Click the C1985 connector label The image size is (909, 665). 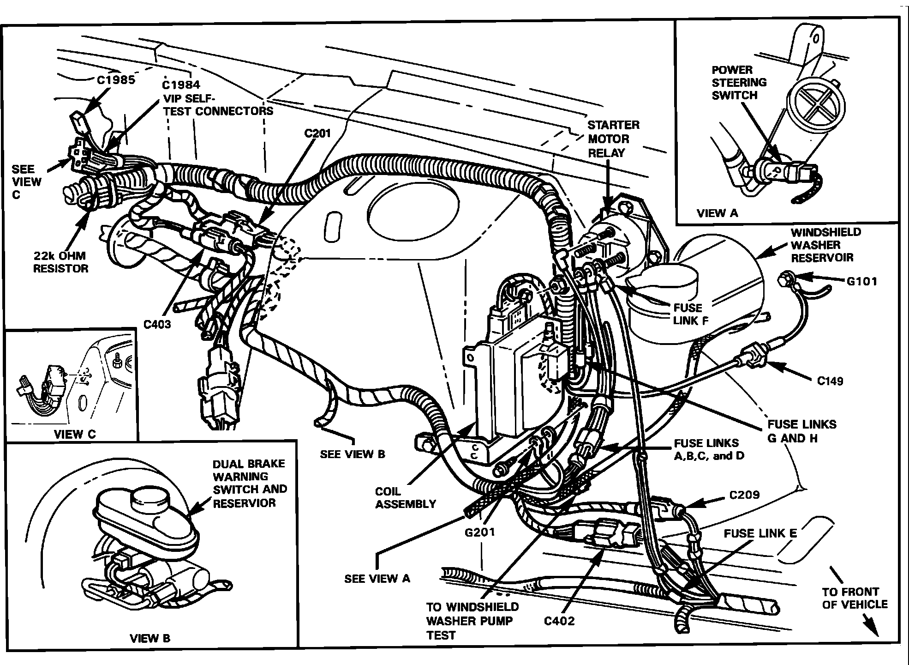[x=116, y=80]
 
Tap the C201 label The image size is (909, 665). [x=317, y=133]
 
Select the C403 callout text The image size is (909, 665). [x=157, y=324]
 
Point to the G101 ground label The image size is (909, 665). [x=862, y=281]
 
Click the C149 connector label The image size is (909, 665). [x=830, y=381]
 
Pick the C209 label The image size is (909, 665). [x=744, y=495]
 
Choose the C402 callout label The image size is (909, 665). [x=559, y=621]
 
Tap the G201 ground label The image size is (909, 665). [x=480, y=532]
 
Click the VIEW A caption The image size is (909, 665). [x=717, y=213]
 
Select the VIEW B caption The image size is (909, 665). [x=150, y=639]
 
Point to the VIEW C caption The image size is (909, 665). [x=75, y=434]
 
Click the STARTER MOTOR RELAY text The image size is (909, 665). [x=613, y=139]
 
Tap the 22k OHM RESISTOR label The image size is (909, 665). [x=60, y=262]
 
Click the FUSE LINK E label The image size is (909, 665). [x=760, y=533]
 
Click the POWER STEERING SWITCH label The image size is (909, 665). [x=739, y=83]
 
